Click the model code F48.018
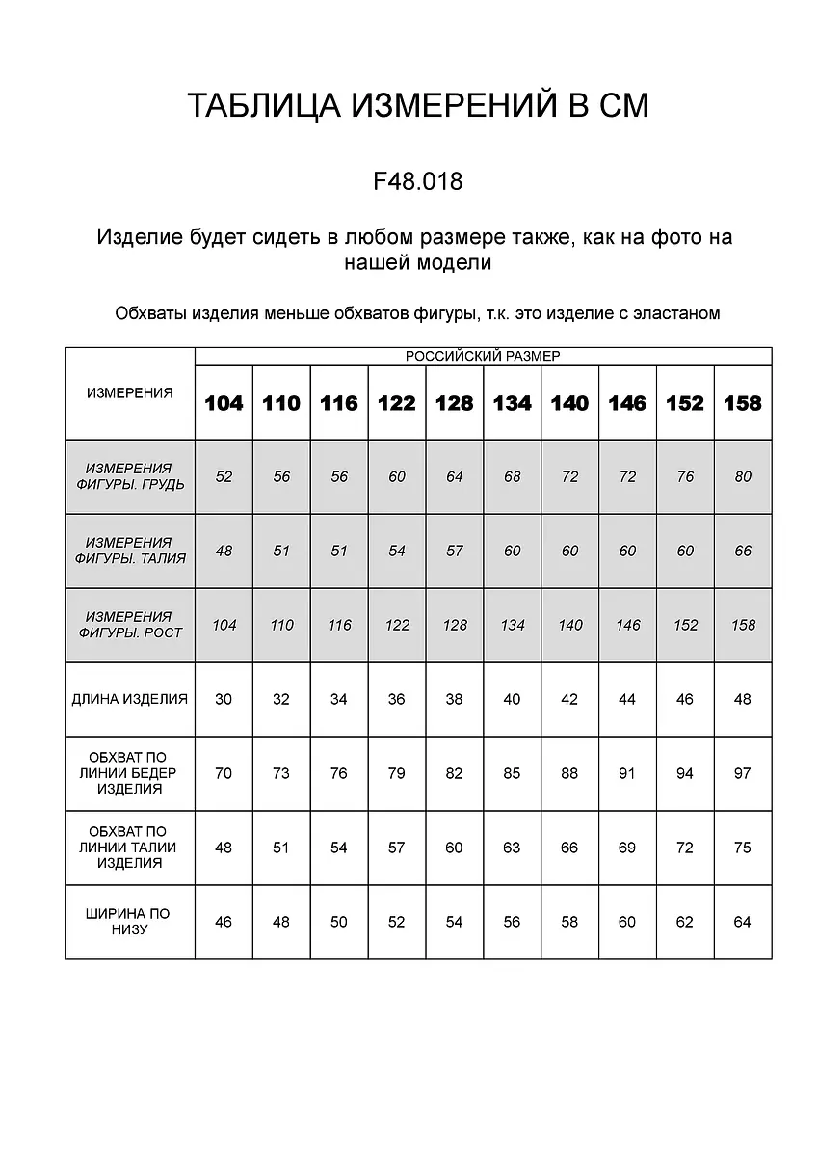click(417, 180)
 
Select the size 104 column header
click(224, 403)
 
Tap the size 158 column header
click(742, 403)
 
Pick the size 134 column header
click(512, 403)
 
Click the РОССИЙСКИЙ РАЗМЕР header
click(483, 356)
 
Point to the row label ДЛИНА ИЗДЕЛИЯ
click(130, 699)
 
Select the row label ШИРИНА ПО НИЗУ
click(130, 922)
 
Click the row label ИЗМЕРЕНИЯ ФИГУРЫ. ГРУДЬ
click(130, 476)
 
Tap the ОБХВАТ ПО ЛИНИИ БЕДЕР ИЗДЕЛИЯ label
click(130, 773)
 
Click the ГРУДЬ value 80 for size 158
click(742, 476)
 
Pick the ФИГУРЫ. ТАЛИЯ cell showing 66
click(742, 551)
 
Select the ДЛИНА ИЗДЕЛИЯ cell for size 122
click(396, 699)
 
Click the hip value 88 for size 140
click(569, 773)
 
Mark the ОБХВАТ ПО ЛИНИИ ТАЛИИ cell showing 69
click(627, 848)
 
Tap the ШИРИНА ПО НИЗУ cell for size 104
click(224, 922)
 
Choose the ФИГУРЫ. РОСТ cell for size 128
click(455, 625)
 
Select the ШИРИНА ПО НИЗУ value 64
click(742, 922)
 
